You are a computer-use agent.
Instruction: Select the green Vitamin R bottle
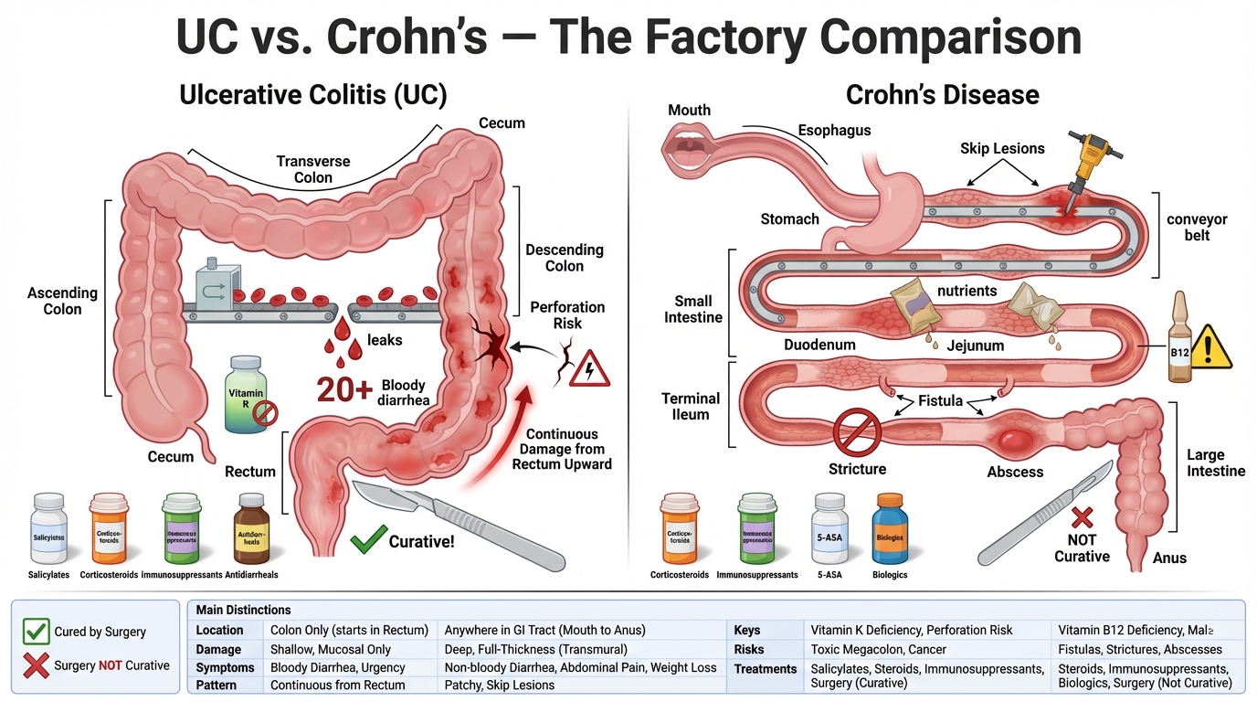tap(246, 396)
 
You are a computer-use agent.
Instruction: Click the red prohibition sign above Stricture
tap(857, 431)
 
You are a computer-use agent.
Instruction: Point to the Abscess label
tap(1015, 472)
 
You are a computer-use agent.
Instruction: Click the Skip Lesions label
tap(1002, 148)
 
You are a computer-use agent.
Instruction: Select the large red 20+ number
tap(344, 389)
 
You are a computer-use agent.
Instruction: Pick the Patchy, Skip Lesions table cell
tap(499, 685)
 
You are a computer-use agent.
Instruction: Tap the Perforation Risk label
tap(567, 314)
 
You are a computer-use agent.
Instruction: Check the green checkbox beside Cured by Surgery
tap(36, 631)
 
